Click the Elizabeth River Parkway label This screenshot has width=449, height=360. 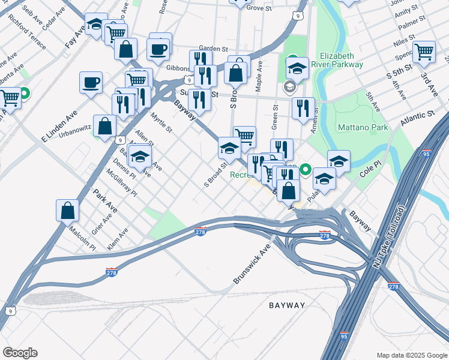pyautogui.click(x=342, y=60)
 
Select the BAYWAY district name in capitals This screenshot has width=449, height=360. pyautogui.click(x=286, y=305)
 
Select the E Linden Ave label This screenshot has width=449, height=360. pyautogui.click(x=60, y=126)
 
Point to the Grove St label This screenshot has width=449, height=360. pyautogui.click(x=259, y=8)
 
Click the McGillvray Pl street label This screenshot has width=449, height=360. pyautogui.click(x=121, y=181)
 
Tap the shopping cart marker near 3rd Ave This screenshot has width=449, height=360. pyautogui.click(x=424, y=52)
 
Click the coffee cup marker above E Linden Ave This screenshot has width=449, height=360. pyautogui.click(x=91, y=82)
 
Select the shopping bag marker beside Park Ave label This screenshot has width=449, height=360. pyautogui.click(x=67, y=210)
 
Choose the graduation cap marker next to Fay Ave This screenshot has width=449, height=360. pyautogui.click(x=95, y=25)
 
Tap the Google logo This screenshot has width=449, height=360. pyautogui.click(x=20, y=353)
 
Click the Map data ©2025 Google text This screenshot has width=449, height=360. pyautogui.click(x=411, y=355)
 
